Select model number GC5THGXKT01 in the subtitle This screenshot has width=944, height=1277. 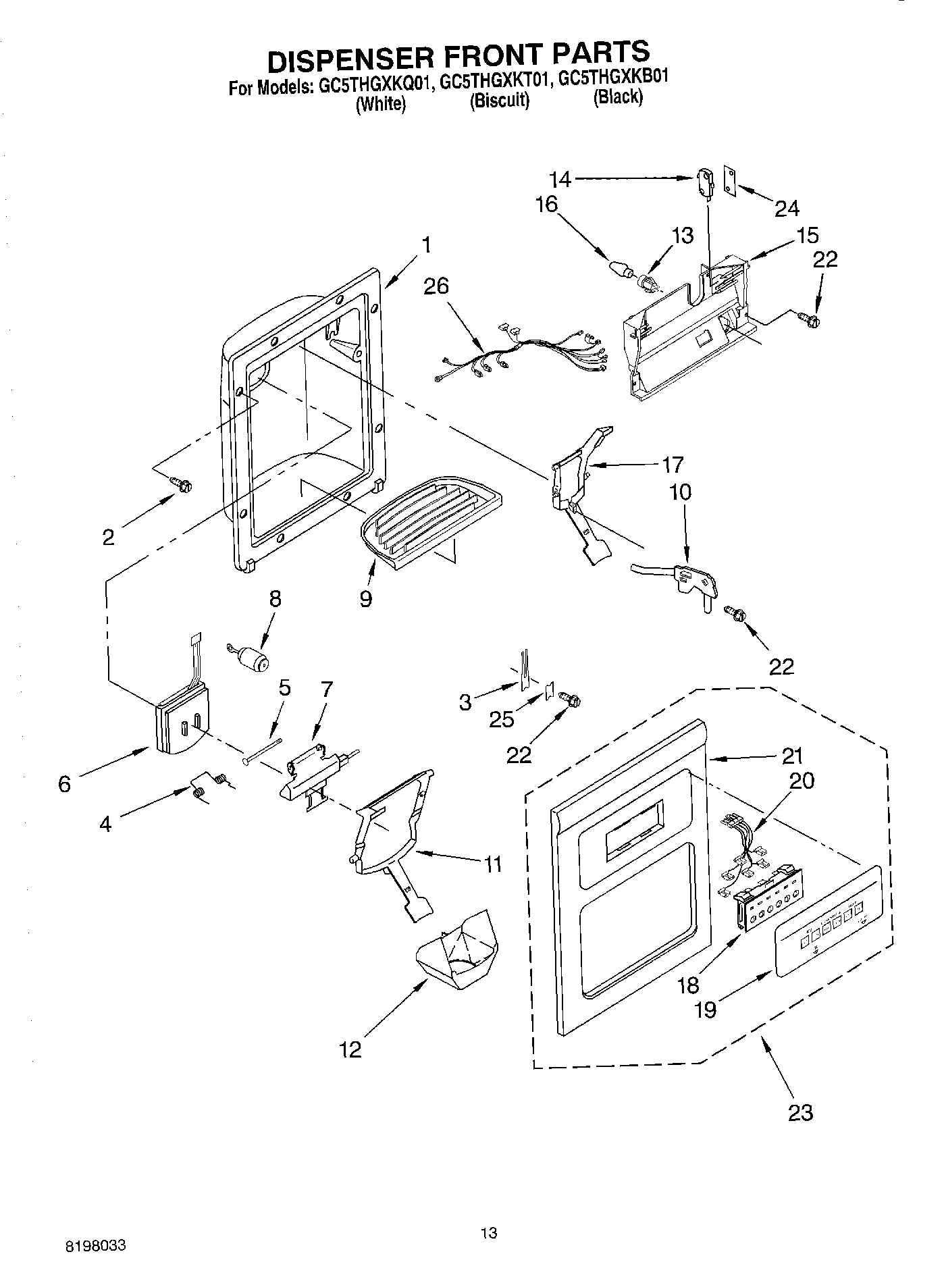click(494, 83)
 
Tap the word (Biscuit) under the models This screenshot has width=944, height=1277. click(499, 101)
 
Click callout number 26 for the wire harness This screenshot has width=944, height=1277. click(436, 286)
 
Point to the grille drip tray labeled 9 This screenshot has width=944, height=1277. click(432, 515)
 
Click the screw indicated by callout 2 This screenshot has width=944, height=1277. click(182, 484)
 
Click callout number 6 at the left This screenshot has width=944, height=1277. click(64, 784)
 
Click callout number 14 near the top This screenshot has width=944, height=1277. click(560, 179)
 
